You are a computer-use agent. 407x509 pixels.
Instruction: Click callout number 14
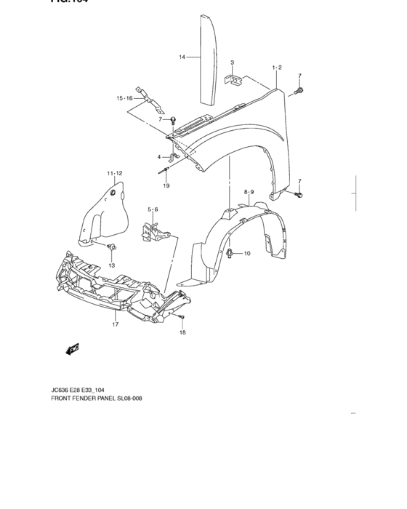(182, 57)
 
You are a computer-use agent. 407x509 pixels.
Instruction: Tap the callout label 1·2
(276, 67)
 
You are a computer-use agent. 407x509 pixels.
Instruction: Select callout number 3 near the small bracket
(232, 63)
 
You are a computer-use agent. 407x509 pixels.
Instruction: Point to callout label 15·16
(124, 98)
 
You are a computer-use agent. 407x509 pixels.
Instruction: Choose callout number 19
(166, 186)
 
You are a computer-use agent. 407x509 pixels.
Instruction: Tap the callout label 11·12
(114, 173)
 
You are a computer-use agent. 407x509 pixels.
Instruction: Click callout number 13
(112, 265)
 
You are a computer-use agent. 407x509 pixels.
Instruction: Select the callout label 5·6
(153, 209)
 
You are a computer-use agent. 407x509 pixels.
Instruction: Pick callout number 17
(115, 325)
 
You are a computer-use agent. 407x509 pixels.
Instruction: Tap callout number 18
(182, 332)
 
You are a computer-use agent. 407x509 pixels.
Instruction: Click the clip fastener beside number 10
(230, 253)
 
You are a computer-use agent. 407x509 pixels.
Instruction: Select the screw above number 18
(182, 318)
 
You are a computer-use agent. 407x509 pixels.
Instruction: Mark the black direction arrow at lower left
(72, 350)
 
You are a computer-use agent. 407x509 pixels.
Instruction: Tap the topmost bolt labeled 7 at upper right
(299, 90)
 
